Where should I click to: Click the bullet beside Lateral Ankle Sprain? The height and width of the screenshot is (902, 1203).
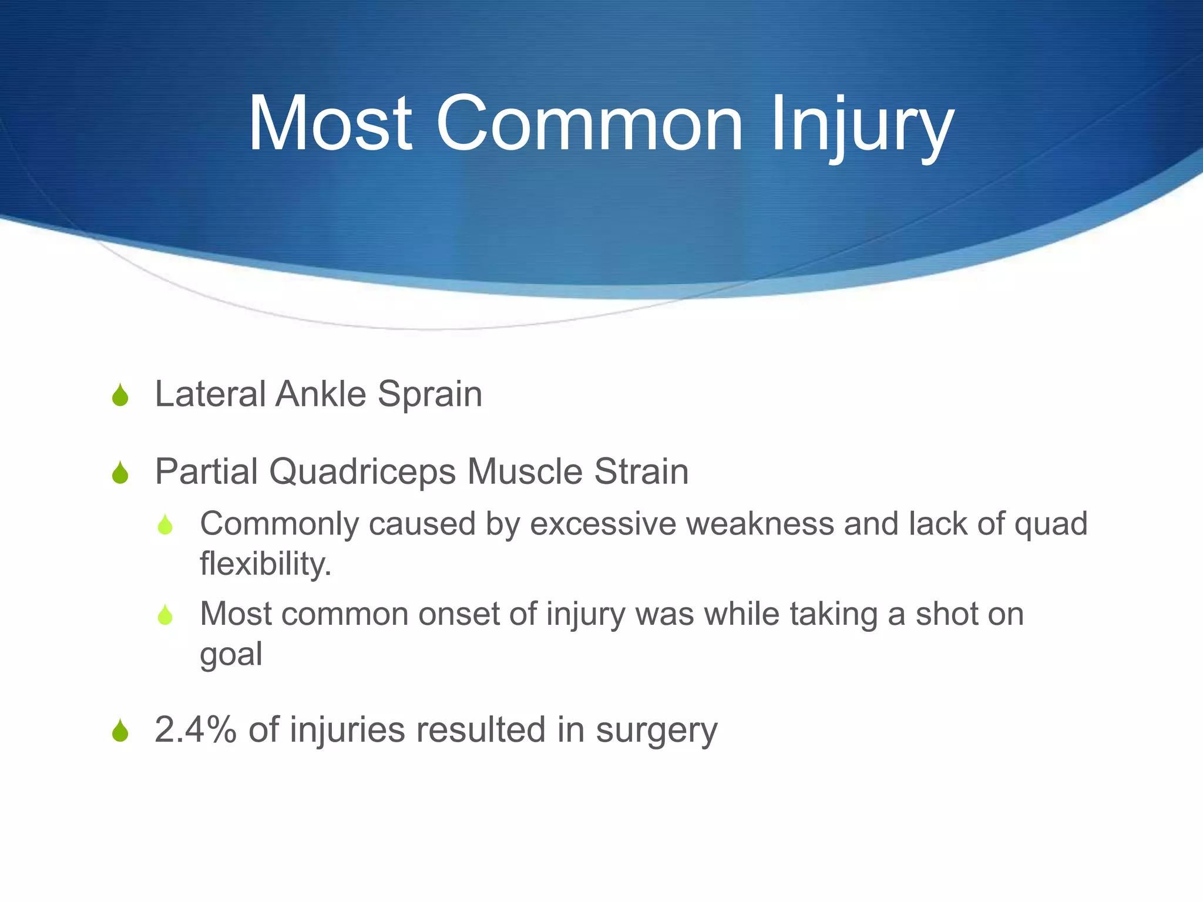pos(120,395)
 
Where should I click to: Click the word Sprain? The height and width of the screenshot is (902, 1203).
pos(429,395)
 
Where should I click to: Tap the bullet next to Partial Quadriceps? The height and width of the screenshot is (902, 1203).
pos(120,473)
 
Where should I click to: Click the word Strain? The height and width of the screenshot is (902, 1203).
pos(641,472)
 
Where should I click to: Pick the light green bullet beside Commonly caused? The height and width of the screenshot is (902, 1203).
pos(166,525)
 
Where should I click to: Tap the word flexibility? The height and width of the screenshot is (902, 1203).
pos(266,564)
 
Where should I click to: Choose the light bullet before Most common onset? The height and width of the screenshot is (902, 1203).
pos(166,615)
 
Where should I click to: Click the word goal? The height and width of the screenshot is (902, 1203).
pos(231,655)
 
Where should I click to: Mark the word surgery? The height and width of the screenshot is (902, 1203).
pos(656,732)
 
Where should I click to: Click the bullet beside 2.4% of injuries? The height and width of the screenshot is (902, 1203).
pos(120,732)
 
